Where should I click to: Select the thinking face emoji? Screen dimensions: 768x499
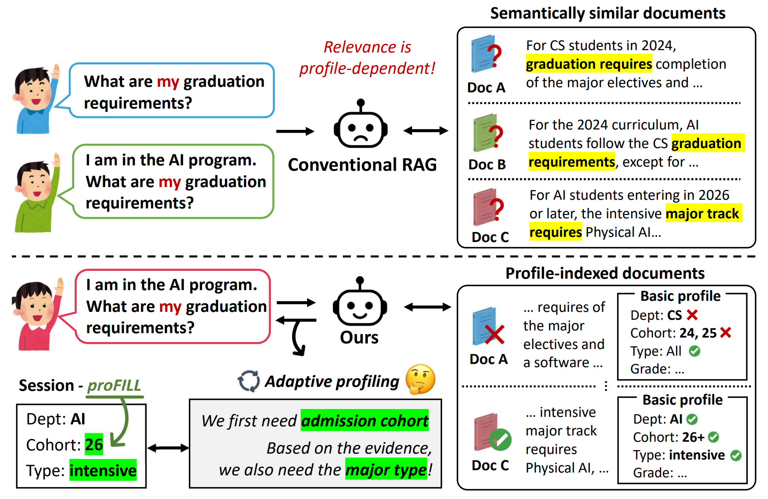[421, 379]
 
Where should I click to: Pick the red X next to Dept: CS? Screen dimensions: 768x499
[692, 315]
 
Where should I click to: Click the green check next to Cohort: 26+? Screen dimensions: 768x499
[713, 437]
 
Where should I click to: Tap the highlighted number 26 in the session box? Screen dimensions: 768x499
[94, 444]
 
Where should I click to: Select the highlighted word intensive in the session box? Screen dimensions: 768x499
[103, 470]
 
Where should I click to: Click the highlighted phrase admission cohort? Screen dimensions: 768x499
[365, 420]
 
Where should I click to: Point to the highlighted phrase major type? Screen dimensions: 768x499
[386, 469]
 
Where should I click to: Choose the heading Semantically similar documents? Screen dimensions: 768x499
[608, 13]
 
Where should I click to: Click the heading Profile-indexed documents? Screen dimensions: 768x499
[605, 273]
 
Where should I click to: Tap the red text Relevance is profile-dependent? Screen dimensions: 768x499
[367, 58]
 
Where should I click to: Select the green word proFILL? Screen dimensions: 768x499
[114, 386]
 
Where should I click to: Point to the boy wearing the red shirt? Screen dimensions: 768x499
[38, 314]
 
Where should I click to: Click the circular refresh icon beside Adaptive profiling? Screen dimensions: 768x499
[248, 381]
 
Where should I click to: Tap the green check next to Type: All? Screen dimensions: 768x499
[694, 351]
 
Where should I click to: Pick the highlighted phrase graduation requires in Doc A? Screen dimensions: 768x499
[589, 64]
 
